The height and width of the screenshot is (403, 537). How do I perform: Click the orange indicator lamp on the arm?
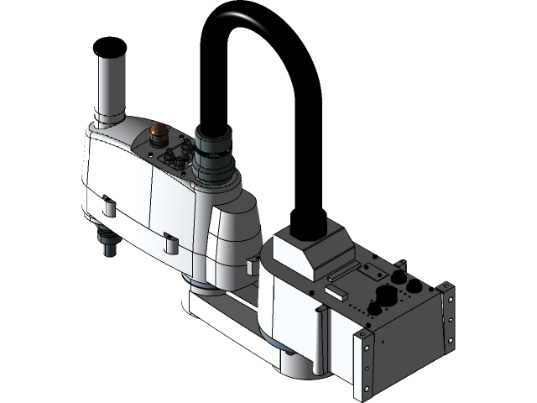pyautogui.click(x=158, y=131)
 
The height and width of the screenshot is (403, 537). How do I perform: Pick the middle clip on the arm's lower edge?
pyautogui.click(x=170, y=243)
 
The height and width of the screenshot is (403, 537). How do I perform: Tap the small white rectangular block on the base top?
pyautogui.click(x=336, y=292)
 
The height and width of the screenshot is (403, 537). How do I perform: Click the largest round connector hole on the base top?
pyautogui.click(x=387, y=296)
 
